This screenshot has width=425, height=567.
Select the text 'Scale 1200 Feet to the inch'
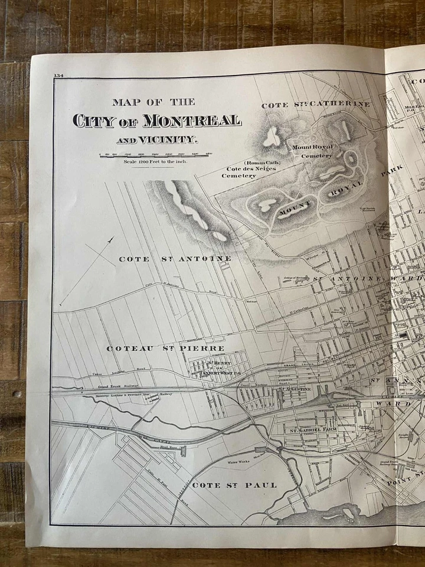pos(155,161)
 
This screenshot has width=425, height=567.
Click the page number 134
pos(58,76)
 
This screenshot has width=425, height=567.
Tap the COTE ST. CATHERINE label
pos(316,105)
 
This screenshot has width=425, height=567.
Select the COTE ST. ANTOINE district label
pos(175,259)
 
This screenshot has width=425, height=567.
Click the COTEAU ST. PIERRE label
pos(156,348)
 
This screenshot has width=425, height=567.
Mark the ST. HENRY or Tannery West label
pos(218,367)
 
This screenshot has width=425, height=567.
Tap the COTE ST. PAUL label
pos(234,485)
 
